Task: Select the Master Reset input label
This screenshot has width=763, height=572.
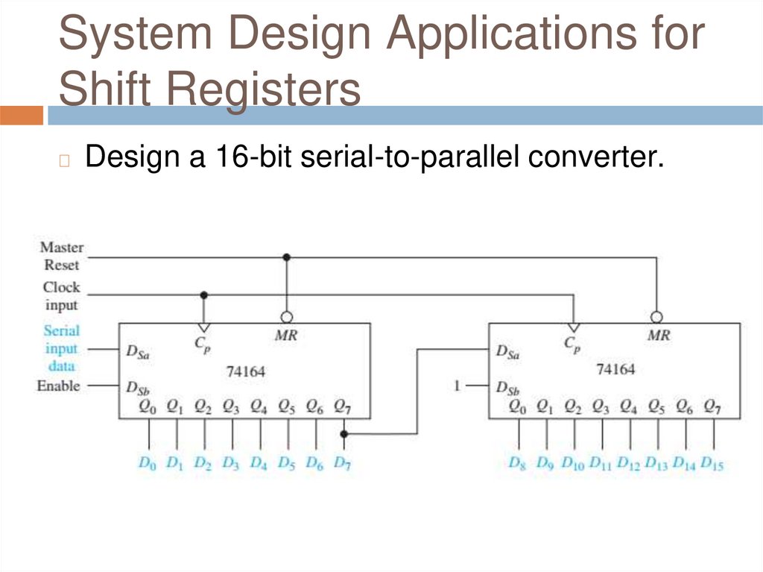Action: [62, 256]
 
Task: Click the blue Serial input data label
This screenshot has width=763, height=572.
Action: [61, 348]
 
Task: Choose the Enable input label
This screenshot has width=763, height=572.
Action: [58, 386]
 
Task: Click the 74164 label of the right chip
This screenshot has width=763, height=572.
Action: [615, 369]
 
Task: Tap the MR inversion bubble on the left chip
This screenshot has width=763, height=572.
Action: [285, 315]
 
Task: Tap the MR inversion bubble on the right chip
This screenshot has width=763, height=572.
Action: [656, 315]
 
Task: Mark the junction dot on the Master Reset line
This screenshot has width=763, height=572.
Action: [286, 257]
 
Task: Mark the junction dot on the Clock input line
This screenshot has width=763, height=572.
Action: [204, 295]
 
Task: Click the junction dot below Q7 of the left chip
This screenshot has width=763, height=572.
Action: [343, 433]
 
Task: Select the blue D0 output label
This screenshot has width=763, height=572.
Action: [148, 463]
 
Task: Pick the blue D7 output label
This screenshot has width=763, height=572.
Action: [342, 463]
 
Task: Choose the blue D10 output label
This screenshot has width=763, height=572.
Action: [573, 463]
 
